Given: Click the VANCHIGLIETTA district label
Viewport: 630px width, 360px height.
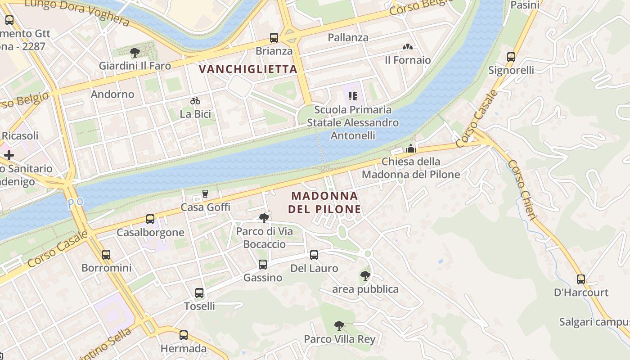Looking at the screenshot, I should coord(248,69).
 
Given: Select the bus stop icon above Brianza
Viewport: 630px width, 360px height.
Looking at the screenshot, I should coord(274,38).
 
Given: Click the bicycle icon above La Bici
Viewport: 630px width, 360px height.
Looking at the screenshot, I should coord(195,101).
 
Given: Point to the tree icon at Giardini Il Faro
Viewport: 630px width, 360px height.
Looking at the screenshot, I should coord(135,53).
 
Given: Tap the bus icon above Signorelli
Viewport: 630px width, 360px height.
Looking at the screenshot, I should coord(511,57).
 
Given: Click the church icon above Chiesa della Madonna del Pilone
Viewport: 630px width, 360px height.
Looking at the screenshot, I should coord(411,148).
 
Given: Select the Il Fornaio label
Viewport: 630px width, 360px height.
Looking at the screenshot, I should coord(408,60).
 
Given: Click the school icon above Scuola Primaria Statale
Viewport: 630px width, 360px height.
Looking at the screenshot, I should coord(353,96).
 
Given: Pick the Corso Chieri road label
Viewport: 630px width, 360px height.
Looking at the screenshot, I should coord(522,189).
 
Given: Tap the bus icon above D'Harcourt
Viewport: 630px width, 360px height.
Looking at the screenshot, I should coord(581,279).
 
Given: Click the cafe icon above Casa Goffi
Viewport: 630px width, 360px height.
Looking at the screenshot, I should coord(205,194).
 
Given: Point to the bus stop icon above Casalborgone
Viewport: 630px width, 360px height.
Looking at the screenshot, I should coord(150,219).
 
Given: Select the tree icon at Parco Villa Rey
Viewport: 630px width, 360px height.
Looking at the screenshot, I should coord(339,325).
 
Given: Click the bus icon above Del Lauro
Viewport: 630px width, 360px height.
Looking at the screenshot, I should coord(314,255).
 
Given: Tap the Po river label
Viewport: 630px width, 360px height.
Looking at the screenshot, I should coord(76,203).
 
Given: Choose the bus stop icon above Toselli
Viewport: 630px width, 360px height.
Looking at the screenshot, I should coord(199,293).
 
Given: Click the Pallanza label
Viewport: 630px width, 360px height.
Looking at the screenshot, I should coord(348,38).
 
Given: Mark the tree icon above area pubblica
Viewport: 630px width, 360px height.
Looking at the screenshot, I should coord(365,275).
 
